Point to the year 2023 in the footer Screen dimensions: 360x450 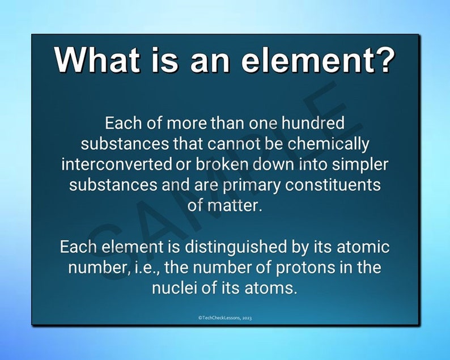click(x=247, y=318)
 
